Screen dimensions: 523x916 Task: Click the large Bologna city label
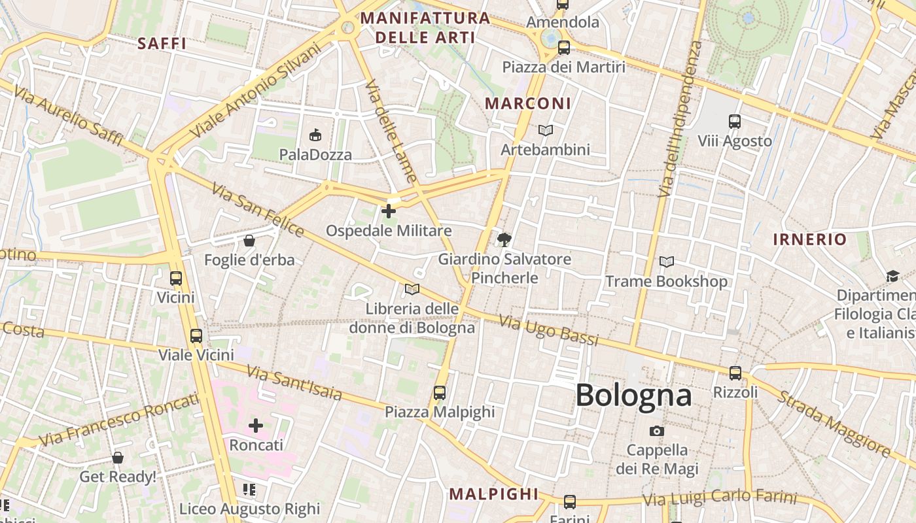[633, 396]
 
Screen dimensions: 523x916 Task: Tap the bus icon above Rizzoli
[735, 373]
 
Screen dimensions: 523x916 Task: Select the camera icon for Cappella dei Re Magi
[657, 431]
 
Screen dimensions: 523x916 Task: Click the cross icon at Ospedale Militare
[389, 211]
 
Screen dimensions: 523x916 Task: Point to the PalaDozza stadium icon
[315, 135]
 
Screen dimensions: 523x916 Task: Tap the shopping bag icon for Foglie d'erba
[249, 241]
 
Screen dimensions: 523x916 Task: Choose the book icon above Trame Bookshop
[666, 262]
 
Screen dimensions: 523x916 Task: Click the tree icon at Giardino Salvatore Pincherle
[504, 240]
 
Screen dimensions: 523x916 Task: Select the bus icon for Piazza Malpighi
[440, 393]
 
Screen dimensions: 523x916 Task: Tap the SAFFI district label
[162, 44]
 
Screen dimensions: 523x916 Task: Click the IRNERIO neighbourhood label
[810, 239]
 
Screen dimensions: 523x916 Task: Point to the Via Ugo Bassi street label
[549, 330]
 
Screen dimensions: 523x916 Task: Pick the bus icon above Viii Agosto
[735, 122]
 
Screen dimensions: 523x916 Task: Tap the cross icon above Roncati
[256, 426]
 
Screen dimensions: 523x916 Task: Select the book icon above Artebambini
[545, 131]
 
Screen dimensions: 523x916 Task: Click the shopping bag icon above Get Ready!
[118, 458]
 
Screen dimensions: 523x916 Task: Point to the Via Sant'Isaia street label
[294, 382]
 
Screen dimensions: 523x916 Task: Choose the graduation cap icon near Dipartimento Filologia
[892, 277]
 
